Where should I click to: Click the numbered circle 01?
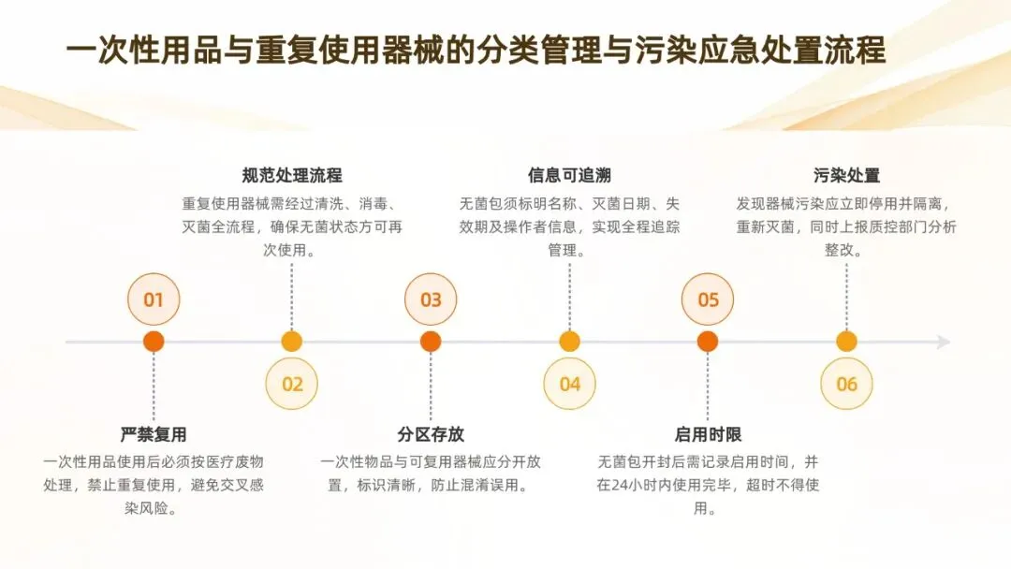click(x=154, y=299)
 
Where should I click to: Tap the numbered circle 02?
click(x=292, y=384)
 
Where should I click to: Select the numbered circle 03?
click(x=431, y=299)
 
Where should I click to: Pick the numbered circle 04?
click(x=569, y=384)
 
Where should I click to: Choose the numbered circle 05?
click(x=708, y=299)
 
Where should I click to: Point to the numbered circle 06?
click(x=846, y=384)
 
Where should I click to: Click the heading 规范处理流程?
click(x=292, y=175)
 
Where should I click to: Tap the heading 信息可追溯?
click(x=569, y=175)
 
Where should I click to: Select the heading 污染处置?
click(x=846, y=175)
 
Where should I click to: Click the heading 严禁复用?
click(x=154, y=434)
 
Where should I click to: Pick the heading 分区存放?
click(x=431, y=434)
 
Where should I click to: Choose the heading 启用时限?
click(x=708, y=434)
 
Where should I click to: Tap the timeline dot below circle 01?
click(x=154, y=342)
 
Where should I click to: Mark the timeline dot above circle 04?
click(x=569, y=342)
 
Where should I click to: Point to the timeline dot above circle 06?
click(x=846, y=342)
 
